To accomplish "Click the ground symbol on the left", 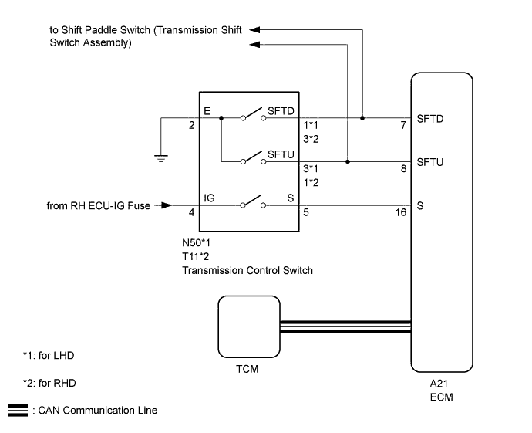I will (x=161, y=157).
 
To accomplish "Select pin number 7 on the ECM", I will (x=403, y=125).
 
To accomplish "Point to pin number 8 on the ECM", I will (x=403, y=168).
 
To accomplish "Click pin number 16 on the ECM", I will (x=402, y=212).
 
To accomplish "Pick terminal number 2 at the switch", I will (x=192, y=125).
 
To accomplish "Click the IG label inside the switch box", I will (x=209, y=198).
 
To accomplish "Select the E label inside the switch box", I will (x=207, y=112).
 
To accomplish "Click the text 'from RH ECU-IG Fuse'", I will (x=98, y=205).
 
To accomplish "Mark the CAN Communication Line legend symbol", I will (x=16, y=410).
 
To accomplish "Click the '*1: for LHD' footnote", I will (x=49, y=356).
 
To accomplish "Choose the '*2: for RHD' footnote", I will (x=49, y=383).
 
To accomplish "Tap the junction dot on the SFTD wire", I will (x=363, y=119).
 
